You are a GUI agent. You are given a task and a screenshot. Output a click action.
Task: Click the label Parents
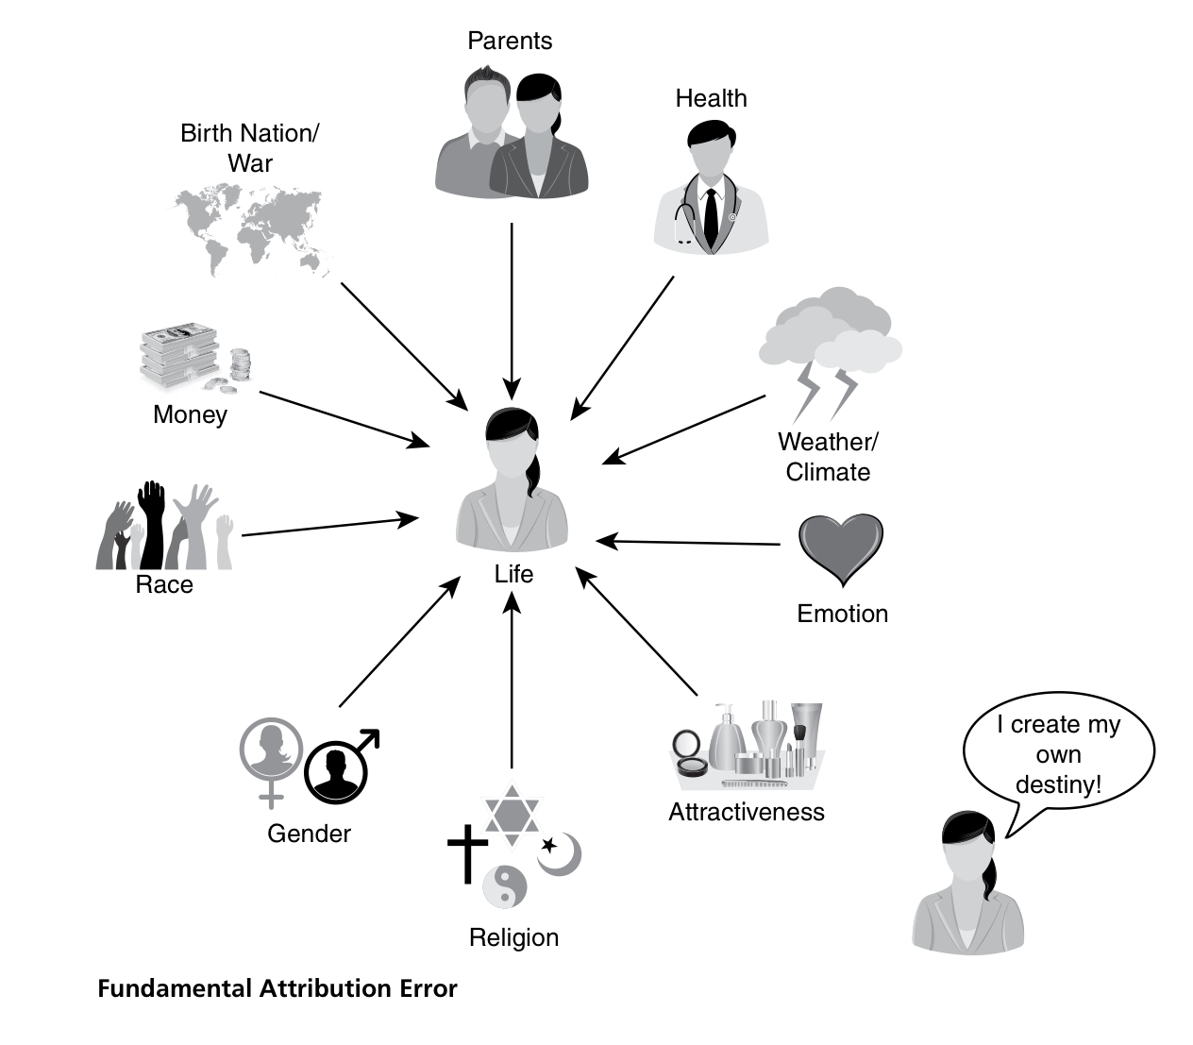pyautogui.click(x=510, y=41)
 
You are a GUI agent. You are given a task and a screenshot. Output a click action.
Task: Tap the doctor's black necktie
pyautogui.click(x=711, y=216)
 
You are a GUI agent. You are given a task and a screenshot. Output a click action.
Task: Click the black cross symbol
pyautogui.click(x=466, y=851)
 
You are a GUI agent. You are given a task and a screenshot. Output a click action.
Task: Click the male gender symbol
pyautogui.click(x=340, y=766)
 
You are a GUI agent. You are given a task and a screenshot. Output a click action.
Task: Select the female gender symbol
pyautogui.click(x=272, y=755)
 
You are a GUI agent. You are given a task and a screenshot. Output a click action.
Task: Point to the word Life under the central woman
pyautogui.click(x=513, y=574)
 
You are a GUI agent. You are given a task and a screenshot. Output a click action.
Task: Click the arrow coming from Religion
pyautogui.click(x=512, y=680)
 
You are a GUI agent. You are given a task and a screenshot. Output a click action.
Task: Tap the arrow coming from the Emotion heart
pyautogui.click(x=689, y=543)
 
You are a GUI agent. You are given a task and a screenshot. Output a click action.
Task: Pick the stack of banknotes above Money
pyautogui.click(x=179, y=357)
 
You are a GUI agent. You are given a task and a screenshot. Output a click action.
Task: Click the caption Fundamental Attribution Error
pyautogui.click(x=277, y=988)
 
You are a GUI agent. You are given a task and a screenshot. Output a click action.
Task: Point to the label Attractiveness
pyautogui.click(x=747, y=812)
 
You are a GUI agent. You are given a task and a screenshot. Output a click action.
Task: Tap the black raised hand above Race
pyautogui.click(x=151, y=524)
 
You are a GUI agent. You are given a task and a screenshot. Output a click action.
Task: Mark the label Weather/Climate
pyautogui.click(x=828, y=457)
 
